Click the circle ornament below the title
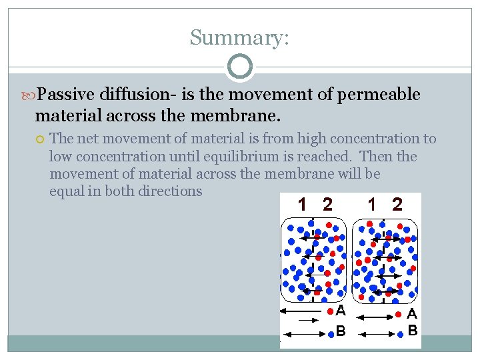coord(240,67)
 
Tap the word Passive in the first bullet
coord(66,95)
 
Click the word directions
coord(169,191)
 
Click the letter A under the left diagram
coord(341,311)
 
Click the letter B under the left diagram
coord(341,330)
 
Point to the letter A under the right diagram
coord(412,313)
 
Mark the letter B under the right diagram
coord(412,330)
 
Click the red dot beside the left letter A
coord(330,311)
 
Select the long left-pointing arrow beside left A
coord(301,311)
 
